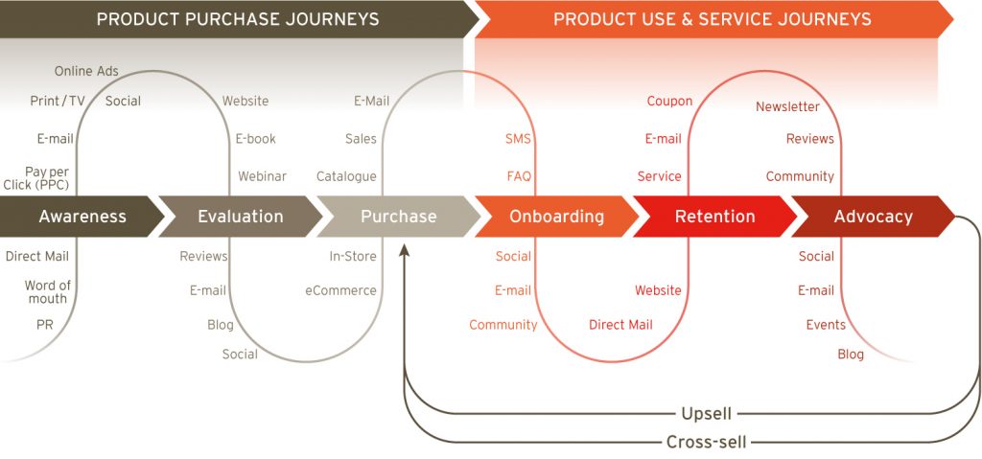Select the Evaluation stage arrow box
(x=241, y=217)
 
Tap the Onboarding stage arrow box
(x=557, y=217)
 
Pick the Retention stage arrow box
(x=714, y=217)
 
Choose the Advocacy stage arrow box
(x=873, y=217)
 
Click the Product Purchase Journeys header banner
(x=238, y=19)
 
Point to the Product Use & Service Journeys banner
(x=713, y=19)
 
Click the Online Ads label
(x=86, y=71)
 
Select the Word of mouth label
(x=48, y=292)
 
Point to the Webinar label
(x=262, y=176)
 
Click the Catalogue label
(x=346, y=176)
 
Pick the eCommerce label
(x=340, y=290)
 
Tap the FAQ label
(x=519, y=176)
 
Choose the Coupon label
(x=669, y=101)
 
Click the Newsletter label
(x=787, y=107)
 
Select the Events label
(x=826, y=325)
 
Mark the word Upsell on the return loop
(x=707, y=414)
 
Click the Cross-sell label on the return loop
(x=707, y=443)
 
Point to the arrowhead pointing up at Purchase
(x=405, y=250)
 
